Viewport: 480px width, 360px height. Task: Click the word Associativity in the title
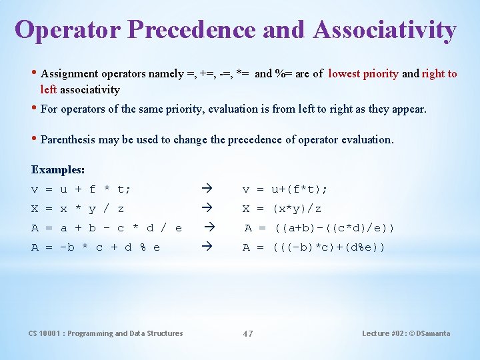(x=385, y=29)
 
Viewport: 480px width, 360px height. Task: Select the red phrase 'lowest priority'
(x=363, y=74)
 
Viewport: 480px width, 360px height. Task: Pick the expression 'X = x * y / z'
(x=78, y=209)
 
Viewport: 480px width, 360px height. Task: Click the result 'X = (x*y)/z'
(x=282, y=209)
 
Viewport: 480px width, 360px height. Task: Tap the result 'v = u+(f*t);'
(x=285, y=189)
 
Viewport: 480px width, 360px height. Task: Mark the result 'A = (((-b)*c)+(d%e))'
(x=314, y=247)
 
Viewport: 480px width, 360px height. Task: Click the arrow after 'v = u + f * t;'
(x=205, y=189)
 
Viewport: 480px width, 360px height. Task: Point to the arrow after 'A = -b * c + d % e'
(x=205, y=247)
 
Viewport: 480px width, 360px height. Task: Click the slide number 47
(x=247, y=333)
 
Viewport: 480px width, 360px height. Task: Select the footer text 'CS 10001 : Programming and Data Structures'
(x=105, y=333)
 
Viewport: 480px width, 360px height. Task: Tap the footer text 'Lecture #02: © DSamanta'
(x=406, y=333)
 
